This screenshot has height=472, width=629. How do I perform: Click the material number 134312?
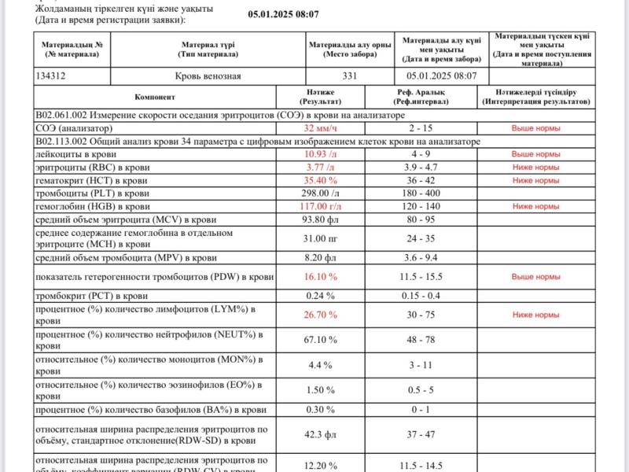(x=55, y=76)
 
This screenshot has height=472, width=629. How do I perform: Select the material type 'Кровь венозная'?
(x=208, y=76)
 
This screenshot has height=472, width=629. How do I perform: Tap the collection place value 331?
(x=350, y=76)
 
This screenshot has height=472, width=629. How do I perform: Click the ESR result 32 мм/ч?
(x=321, y=127)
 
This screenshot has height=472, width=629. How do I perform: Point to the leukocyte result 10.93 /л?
(x=321, y=154)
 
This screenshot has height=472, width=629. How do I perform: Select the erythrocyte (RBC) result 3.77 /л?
(x=321, y=167)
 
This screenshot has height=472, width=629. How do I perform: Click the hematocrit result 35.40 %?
(x=321, y=180)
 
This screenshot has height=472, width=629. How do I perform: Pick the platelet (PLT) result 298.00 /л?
(x=321, y=193)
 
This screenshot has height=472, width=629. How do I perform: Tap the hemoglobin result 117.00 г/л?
(x=321, y=206)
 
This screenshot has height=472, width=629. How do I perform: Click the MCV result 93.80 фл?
(x=321, y=219)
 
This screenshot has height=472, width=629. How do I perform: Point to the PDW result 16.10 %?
(x=321, y=277)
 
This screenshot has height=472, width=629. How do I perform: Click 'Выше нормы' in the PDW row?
(x=535, y=277)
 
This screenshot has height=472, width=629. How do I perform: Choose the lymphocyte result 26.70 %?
(x=321, y=315)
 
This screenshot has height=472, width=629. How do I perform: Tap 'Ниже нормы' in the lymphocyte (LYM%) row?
(x=535, y=315)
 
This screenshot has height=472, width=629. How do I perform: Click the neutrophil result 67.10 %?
(x=321, y=340)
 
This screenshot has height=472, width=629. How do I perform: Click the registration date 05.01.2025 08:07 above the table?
(x=284, y=14)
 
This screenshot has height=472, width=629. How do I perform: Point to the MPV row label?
(x=127, y=257)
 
